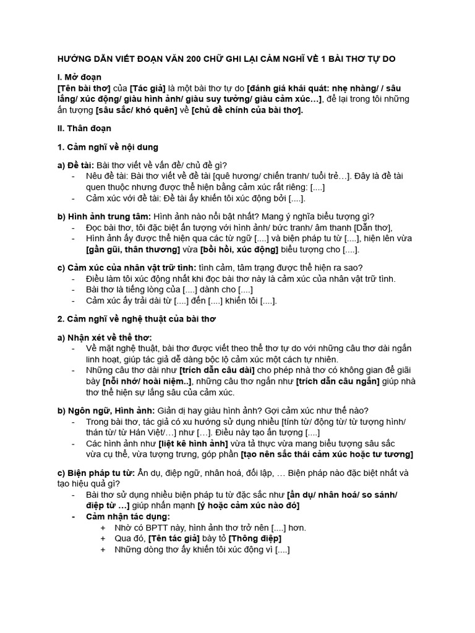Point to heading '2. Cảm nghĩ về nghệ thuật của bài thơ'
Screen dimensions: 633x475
(x=135, y=319)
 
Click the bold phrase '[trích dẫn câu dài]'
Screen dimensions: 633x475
(x=216, y=370)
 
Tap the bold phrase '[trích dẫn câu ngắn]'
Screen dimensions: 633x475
(x=337, y=381)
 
